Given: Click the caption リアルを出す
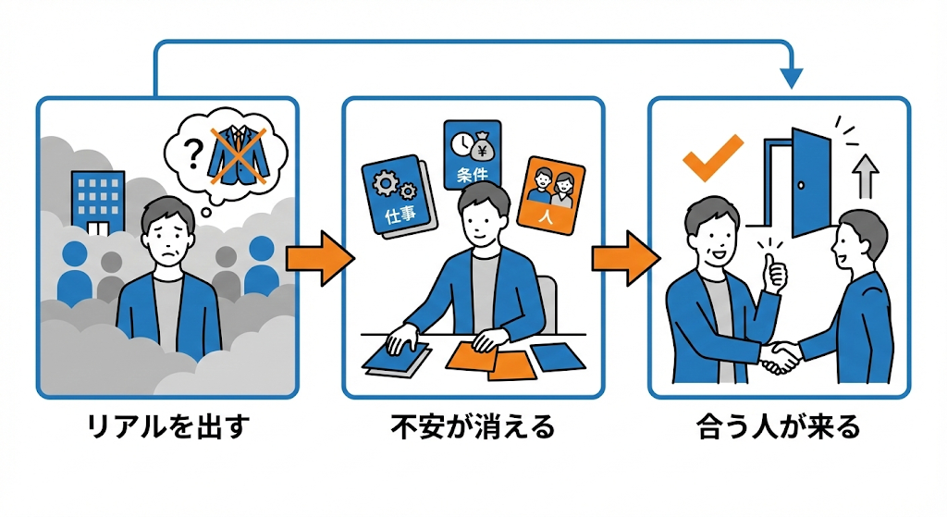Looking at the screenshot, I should coord(167,427).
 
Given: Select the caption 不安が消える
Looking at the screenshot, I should coord(473,427).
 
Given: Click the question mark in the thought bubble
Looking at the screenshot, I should coord(191,152).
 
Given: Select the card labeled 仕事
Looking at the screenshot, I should coord(395,196).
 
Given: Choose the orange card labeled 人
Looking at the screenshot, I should coord(553,193).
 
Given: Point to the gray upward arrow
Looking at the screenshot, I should coord(864,177).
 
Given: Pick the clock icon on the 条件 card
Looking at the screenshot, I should coord(460,142).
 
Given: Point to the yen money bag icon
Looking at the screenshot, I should coord(486,144).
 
